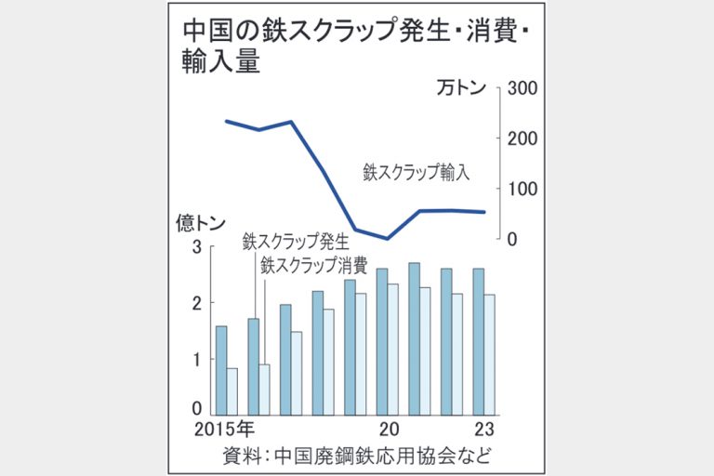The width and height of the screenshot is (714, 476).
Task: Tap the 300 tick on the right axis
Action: (519, 89)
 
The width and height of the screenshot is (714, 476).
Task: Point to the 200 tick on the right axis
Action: (519, 139)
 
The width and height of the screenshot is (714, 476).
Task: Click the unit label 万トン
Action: (462, 89)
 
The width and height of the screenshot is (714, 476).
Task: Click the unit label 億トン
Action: (201, 223)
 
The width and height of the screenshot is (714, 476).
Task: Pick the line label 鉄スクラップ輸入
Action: (416, 172)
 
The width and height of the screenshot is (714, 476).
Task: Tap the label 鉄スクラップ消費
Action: (313, 265)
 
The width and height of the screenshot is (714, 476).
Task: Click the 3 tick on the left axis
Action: (197, 246)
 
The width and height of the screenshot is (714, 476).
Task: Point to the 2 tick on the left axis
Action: (197, 303)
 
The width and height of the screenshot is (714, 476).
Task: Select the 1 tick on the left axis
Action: (197, 359)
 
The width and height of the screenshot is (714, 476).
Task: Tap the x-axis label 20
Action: (389, 430)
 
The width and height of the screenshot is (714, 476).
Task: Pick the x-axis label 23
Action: (484, 430)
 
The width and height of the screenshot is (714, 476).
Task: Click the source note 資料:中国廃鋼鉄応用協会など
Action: (356, 456)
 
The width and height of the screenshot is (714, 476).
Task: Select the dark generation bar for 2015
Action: (221, 370)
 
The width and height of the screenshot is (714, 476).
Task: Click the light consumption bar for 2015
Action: (232, 390)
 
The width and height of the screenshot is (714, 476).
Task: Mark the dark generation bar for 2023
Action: (478, 341)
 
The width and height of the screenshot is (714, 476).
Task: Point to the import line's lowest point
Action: (386, 238)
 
